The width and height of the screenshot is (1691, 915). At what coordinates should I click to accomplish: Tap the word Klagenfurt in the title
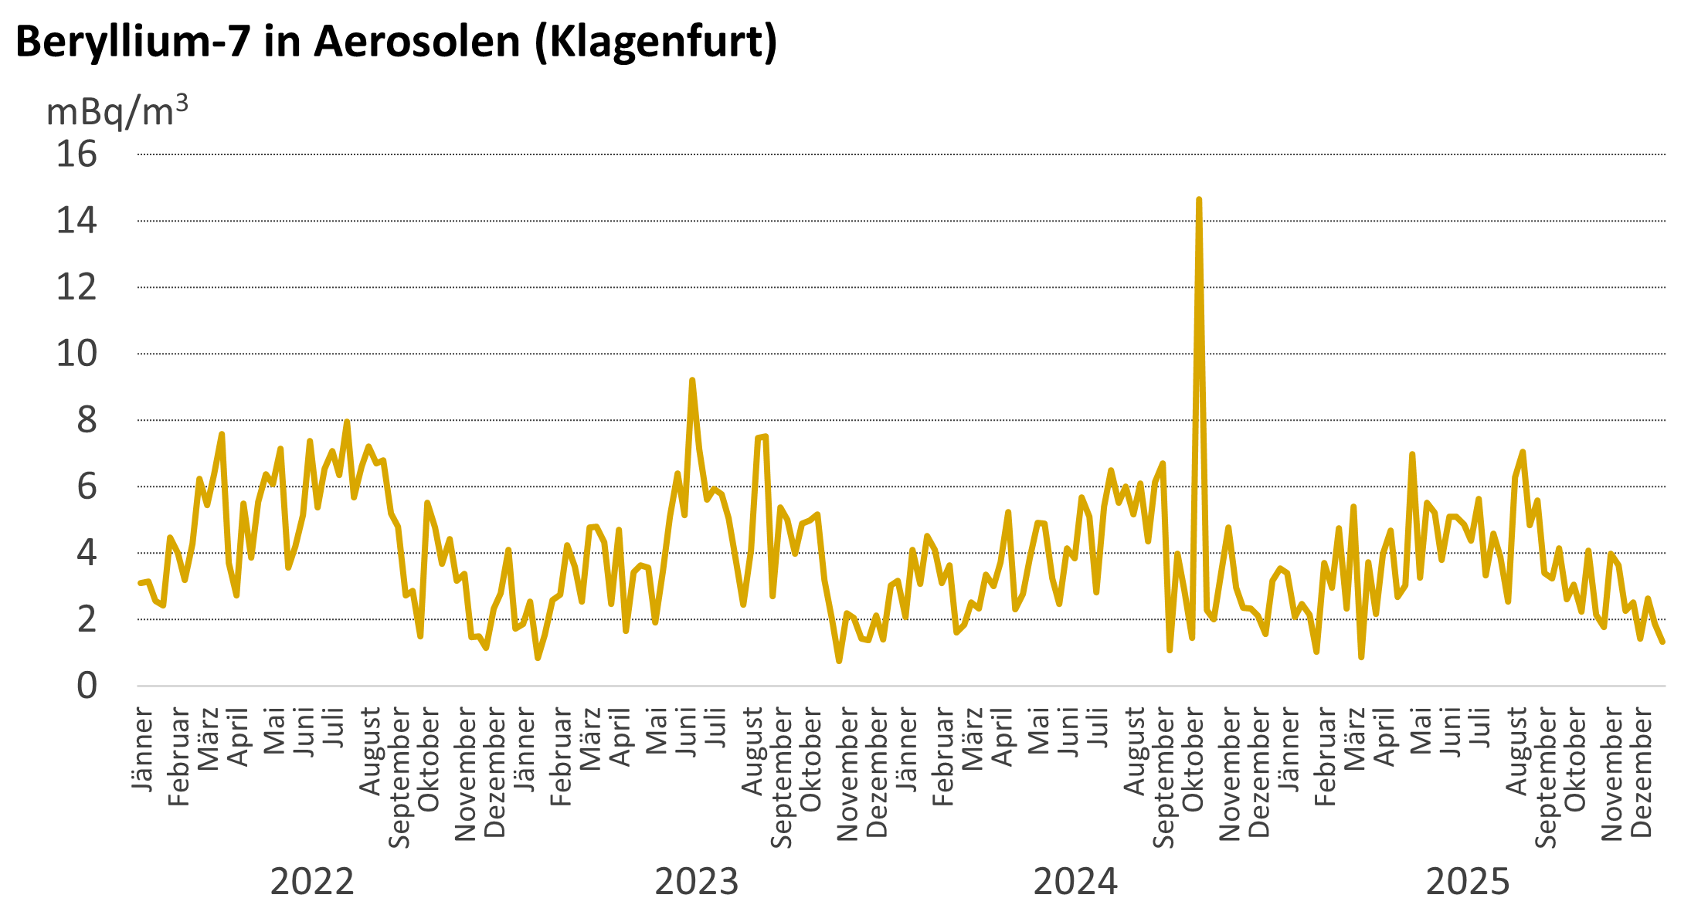point(656,42)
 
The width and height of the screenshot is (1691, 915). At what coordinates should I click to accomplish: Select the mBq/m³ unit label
point(117,112)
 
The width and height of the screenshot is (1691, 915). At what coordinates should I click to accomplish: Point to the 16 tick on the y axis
point(76,154)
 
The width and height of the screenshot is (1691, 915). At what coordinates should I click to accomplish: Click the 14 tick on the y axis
point(76,221)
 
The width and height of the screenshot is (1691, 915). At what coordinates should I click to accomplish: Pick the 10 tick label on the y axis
point(76,354)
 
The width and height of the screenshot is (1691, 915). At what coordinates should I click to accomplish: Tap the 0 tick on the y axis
point(87,686)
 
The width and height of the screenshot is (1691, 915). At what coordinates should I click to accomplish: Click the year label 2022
point(311,882)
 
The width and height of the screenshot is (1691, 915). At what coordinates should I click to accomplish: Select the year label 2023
point(696,882)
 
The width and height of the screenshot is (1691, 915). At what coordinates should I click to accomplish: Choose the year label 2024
point(1075,882)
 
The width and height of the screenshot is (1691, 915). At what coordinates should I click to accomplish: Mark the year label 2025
point(1467,882)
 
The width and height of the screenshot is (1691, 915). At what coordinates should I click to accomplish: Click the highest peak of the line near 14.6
point(1198,200)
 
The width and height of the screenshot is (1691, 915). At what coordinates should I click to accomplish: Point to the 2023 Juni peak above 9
point(691,381)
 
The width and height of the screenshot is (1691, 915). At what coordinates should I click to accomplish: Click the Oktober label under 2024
point(1193,763)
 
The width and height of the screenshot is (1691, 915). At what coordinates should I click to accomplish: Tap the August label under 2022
point(370,751)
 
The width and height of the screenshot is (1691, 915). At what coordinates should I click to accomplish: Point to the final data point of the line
point(1662,642)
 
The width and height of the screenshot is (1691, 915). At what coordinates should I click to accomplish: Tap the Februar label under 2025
point(1324,757)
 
